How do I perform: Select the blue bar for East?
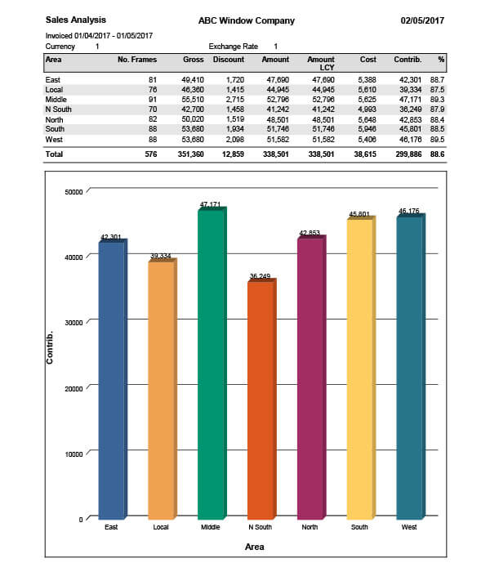(x=111, y=380)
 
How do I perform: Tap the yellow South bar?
(x=359, y=368)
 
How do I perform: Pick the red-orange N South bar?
(x=260, y=400)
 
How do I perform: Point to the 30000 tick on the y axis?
(x=73, y=322)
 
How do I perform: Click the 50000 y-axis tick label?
(x=73, y=191)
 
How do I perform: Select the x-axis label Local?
(x=161, y=528)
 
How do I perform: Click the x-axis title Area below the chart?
(x=254, y=546)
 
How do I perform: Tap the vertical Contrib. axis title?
(x=51, y=347)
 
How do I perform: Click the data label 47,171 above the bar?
(x=210, y=204)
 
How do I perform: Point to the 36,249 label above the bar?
(x=260, y=276)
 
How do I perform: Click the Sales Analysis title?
(x=75, y=19)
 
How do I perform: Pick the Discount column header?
(x=228, y=60)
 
